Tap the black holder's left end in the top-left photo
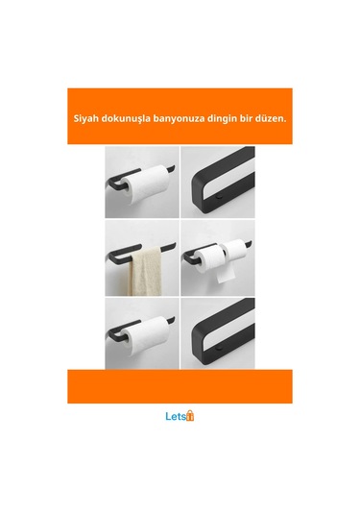pos(111,183)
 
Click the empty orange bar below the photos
pos(180,384)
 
